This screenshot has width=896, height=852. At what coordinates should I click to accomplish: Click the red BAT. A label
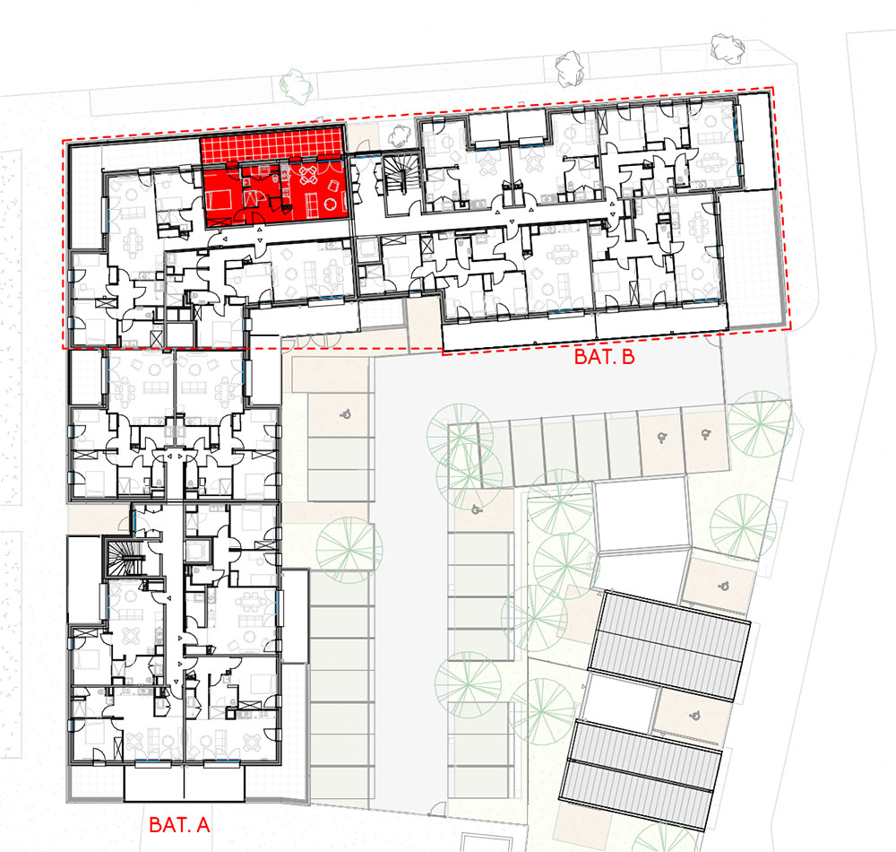click(x=179, y=824)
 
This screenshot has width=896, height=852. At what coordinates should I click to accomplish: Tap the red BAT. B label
click(x=604, y=357)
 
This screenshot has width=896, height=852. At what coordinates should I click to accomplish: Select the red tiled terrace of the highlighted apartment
click(x=271, y=143)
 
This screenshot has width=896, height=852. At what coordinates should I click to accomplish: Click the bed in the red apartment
click(x=219, y=201)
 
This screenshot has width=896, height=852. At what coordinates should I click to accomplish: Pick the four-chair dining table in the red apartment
click(x=307, y=176)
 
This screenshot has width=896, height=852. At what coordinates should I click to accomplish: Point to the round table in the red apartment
click(x=331, y=204)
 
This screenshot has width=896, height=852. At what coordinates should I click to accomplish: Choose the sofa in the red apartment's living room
click(x=312, y=206)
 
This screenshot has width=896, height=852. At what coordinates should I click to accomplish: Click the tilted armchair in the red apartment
click(x=332, y=186)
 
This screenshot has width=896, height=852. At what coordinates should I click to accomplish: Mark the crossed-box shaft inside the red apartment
click(x=251, y=199)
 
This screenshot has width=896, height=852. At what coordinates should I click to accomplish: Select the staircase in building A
click(x=125, y=559)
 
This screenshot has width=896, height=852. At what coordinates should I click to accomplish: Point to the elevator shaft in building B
click(x=368, y=249)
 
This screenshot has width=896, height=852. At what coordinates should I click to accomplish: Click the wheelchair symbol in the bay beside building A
click(x=345, y=414)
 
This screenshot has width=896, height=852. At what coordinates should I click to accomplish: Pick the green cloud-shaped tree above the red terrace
click(x=297, y=86)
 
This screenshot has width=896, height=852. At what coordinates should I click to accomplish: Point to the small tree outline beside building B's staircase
click(x=400, y=136)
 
